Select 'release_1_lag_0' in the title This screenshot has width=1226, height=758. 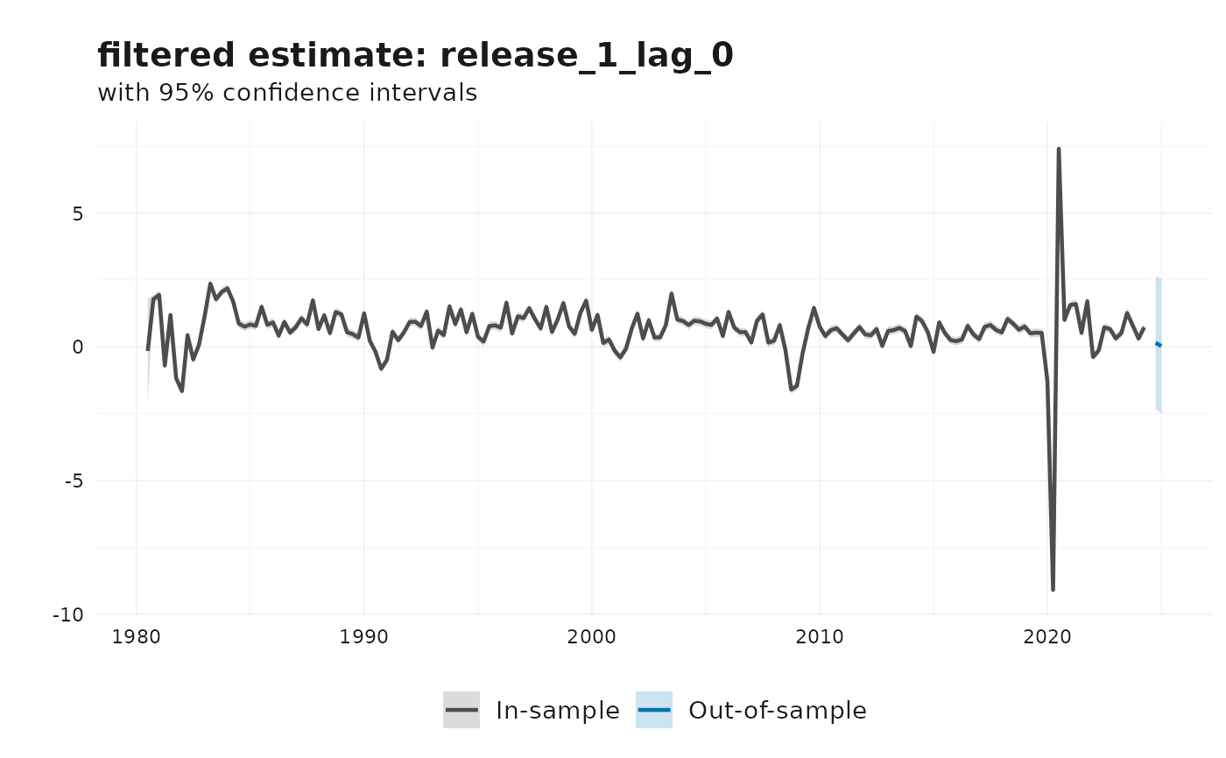(x=587, y=56)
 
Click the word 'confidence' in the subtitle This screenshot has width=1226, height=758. (x=280, y=93)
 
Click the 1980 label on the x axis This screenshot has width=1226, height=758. (x=136, y=636)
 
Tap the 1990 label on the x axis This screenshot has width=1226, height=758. (x=363, y=636)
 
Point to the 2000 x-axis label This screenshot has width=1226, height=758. (x=591, y=636)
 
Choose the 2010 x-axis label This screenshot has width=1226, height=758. (x=819, y=636)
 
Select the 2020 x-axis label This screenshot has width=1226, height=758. (x=1046, y=636)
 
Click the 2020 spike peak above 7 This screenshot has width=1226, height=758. (x=1058, y=150)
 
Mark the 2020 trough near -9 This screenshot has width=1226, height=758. (x=1053, y=589)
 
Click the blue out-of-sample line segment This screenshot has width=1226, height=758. (x=1158, y=344)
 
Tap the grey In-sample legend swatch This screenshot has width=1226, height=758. (x=461, y=710)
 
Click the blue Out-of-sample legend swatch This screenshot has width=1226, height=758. (x=653, y=710)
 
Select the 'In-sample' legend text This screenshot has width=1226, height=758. (x=558, y=711)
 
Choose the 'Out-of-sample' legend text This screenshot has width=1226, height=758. (x=778, y=711)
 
